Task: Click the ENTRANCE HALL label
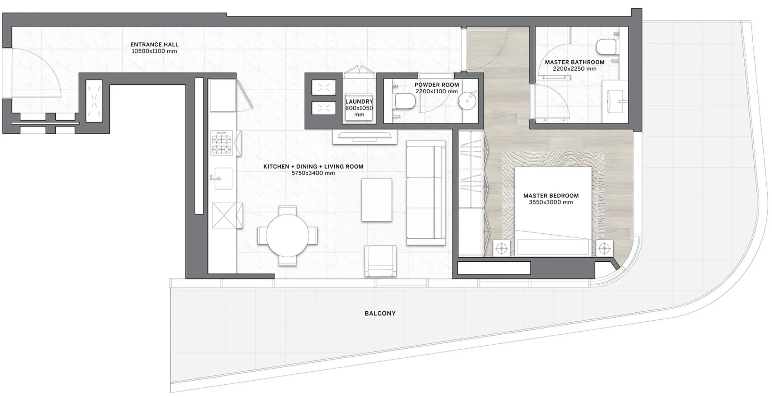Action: (x=154, y=44)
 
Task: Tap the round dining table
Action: (x=287, y=236)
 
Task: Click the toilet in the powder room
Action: (x=405, y=101)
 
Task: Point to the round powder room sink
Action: (x=467, y=101)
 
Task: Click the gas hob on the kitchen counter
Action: (x=221, y=143)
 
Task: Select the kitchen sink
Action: (x=223, y=178)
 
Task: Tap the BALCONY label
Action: (x=380, y=313)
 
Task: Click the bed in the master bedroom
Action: (x=553, y=212)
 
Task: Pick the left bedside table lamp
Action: (x=501, y=248)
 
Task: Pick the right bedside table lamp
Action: (x=604, y=248)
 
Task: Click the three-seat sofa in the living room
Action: (x=426, y=192)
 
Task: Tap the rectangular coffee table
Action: (x=376, y=200)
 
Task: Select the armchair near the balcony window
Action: (x=380, y=261)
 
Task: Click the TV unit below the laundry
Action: (x=365, y=137)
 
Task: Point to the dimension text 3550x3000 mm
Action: (x=551, y=202)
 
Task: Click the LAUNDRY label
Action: (x=359, y=101)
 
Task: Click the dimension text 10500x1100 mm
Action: (x=154, y=51)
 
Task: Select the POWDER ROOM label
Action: (x=436, y=85)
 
